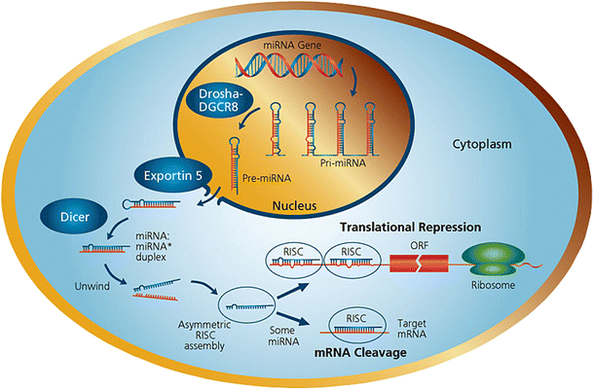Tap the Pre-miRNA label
267,180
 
